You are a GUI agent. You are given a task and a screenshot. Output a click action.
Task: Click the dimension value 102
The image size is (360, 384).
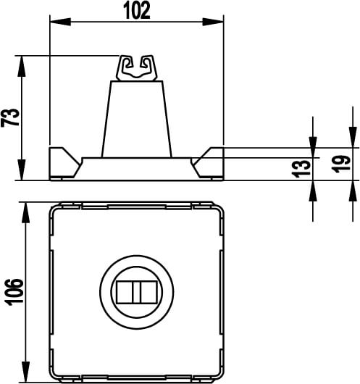135,10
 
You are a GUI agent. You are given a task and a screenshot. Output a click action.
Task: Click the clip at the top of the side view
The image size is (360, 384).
136,67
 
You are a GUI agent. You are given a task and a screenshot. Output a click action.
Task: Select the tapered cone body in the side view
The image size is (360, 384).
136,120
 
